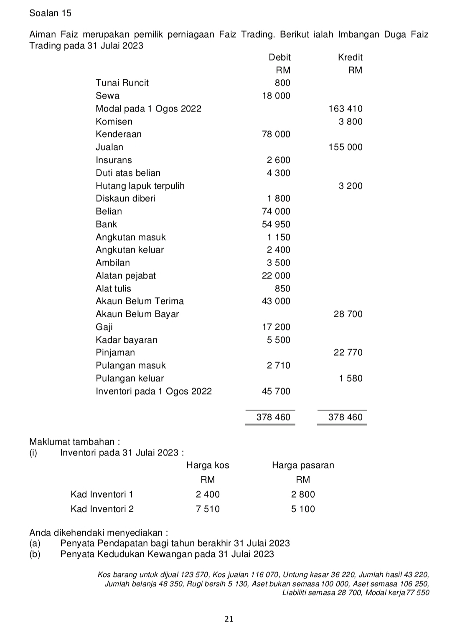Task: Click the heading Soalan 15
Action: point(50,13)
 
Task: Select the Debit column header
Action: point(280,57)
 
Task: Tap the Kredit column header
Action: point(350,57)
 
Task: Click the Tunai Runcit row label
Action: point(122,83)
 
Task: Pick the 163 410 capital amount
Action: point(346,109)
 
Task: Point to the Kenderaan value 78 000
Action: point(276,134)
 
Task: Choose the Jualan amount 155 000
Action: point(346,147)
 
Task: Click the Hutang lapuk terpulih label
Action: point(140,186)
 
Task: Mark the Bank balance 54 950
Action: point(276,224)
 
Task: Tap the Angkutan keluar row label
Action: point(130,250)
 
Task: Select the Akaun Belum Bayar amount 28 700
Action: point(348,314)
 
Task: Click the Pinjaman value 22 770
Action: point(348,352)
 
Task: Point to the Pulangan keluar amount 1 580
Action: point(351,378)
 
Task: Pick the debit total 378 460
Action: point(273,417)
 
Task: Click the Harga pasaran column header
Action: point(303,465)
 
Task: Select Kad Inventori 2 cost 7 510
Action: point(208,509)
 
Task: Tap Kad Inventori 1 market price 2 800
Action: point(303,494)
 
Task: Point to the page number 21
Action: point(229,619)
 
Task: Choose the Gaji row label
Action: point(104,327)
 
